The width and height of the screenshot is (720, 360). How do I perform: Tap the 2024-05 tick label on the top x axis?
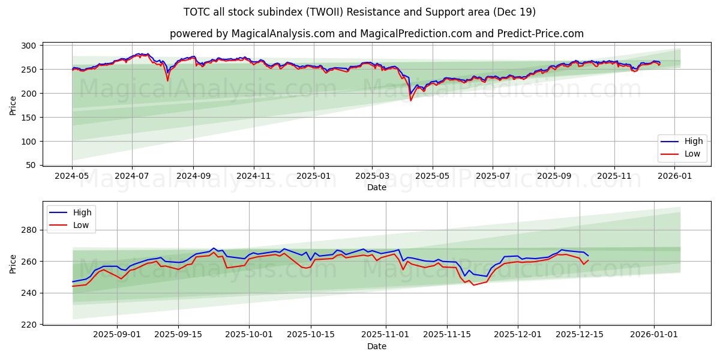click(x=72, y=176)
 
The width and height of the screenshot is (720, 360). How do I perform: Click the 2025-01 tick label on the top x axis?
click(x=313, y=176)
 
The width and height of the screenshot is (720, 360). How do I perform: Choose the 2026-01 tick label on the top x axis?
click(x=676, y=176)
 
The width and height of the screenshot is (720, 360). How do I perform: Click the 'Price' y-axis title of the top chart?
click(x=13, y=105)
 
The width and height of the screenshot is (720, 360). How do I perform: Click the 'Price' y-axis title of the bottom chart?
click(x=13, y=264)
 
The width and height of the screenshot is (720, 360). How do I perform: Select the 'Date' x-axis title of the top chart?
click(x=376, y=187)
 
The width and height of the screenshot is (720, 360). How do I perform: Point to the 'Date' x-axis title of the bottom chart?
click(x=376, y=346)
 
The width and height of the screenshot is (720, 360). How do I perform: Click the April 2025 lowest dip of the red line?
click(x=410, y=100)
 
